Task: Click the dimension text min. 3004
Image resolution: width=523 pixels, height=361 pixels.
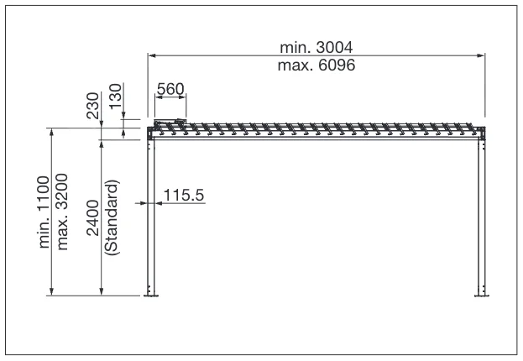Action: pyautogui.click(x=316, y=47)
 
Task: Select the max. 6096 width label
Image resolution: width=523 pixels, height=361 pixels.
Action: pyautogui.click(x=316, y=65)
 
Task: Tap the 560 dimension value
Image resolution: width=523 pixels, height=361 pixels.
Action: pyautogui.click(x=170, y=89)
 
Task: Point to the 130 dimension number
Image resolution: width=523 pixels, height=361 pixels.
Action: pyautogui.click(x=116, y=96)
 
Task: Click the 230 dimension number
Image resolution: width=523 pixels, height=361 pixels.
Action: pyautogui.click(x=92, y=106)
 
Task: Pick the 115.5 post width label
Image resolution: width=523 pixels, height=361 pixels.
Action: pyautogui.click(x=184, y=195)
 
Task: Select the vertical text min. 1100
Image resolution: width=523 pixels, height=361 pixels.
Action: pyautogui.click(x=44, y=212)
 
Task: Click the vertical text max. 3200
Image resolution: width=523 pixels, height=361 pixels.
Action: pyautogui.click(x=62, y=212)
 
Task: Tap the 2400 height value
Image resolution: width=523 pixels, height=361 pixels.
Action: pyautogui.click(x=92, y=217)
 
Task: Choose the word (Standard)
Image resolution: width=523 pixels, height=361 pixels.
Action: pyautogui.click(x=112, y=217)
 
